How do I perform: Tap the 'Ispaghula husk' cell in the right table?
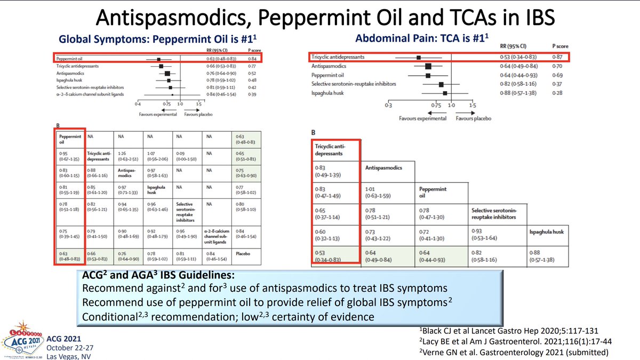pos(546,232)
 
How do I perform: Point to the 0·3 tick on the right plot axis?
pos(387,106)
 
